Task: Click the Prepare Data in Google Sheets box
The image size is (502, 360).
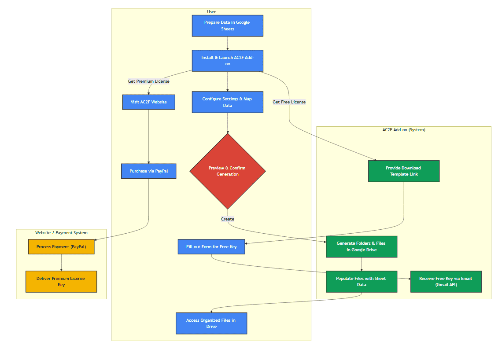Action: (227, 26)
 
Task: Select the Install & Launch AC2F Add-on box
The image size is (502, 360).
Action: (227, 60)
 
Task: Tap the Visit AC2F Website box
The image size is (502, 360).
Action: (148, 102)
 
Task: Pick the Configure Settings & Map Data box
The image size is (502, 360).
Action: (227, 102)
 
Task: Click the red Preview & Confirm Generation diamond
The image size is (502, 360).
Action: (227, 171)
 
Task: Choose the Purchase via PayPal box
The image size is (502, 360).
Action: (148, 171)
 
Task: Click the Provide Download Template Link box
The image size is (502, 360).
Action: (403, 171)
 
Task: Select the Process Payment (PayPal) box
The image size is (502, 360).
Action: (61, 247)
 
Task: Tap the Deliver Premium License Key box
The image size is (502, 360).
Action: (61, 282)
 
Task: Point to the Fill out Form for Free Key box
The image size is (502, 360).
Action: (211, 247)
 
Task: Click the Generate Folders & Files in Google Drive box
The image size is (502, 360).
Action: (361, 247)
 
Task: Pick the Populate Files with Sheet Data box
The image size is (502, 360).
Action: (361, 282)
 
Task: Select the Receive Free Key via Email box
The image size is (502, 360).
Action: (446, 282)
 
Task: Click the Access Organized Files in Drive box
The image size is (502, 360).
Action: (211, 323)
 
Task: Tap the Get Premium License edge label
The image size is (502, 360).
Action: (148, 81)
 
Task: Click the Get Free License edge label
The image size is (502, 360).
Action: (289, 102)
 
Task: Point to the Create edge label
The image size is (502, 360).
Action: (227, 219)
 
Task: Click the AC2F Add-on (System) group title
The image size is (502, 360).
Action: (403, 130)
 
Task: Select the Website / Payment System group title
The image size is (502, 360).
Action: (61, 233)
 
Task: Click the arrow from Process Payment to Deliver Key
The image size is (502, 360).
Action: (61, 263)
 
